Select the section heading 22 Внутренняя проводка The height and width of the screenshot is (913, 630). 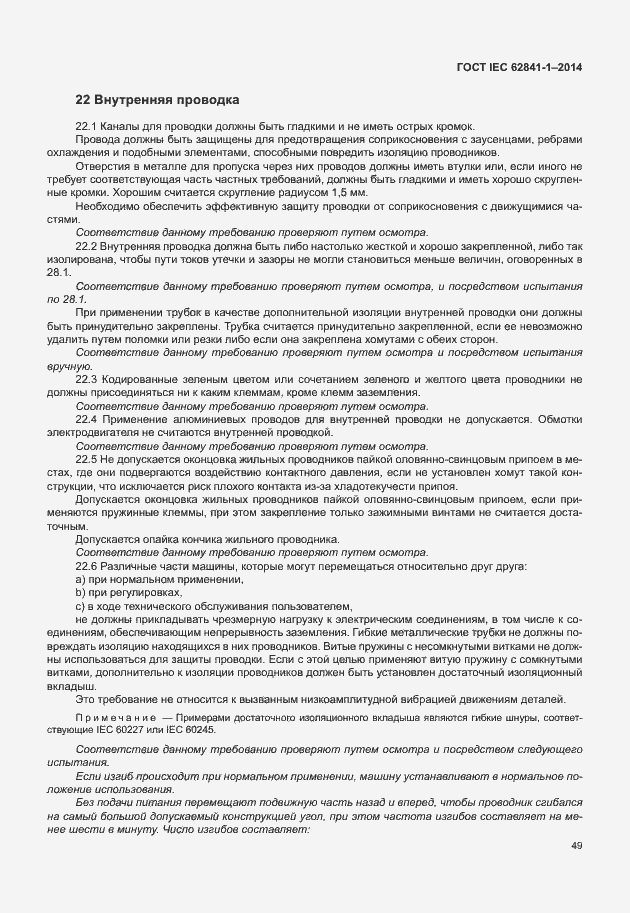click(158, 100)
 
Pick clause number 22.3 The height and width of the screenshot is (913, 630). click(87, 379)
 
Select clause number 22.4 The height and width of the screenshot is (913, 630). click(87, 420)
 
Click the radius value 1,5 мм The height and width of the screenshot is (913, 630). click(346, 190)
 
